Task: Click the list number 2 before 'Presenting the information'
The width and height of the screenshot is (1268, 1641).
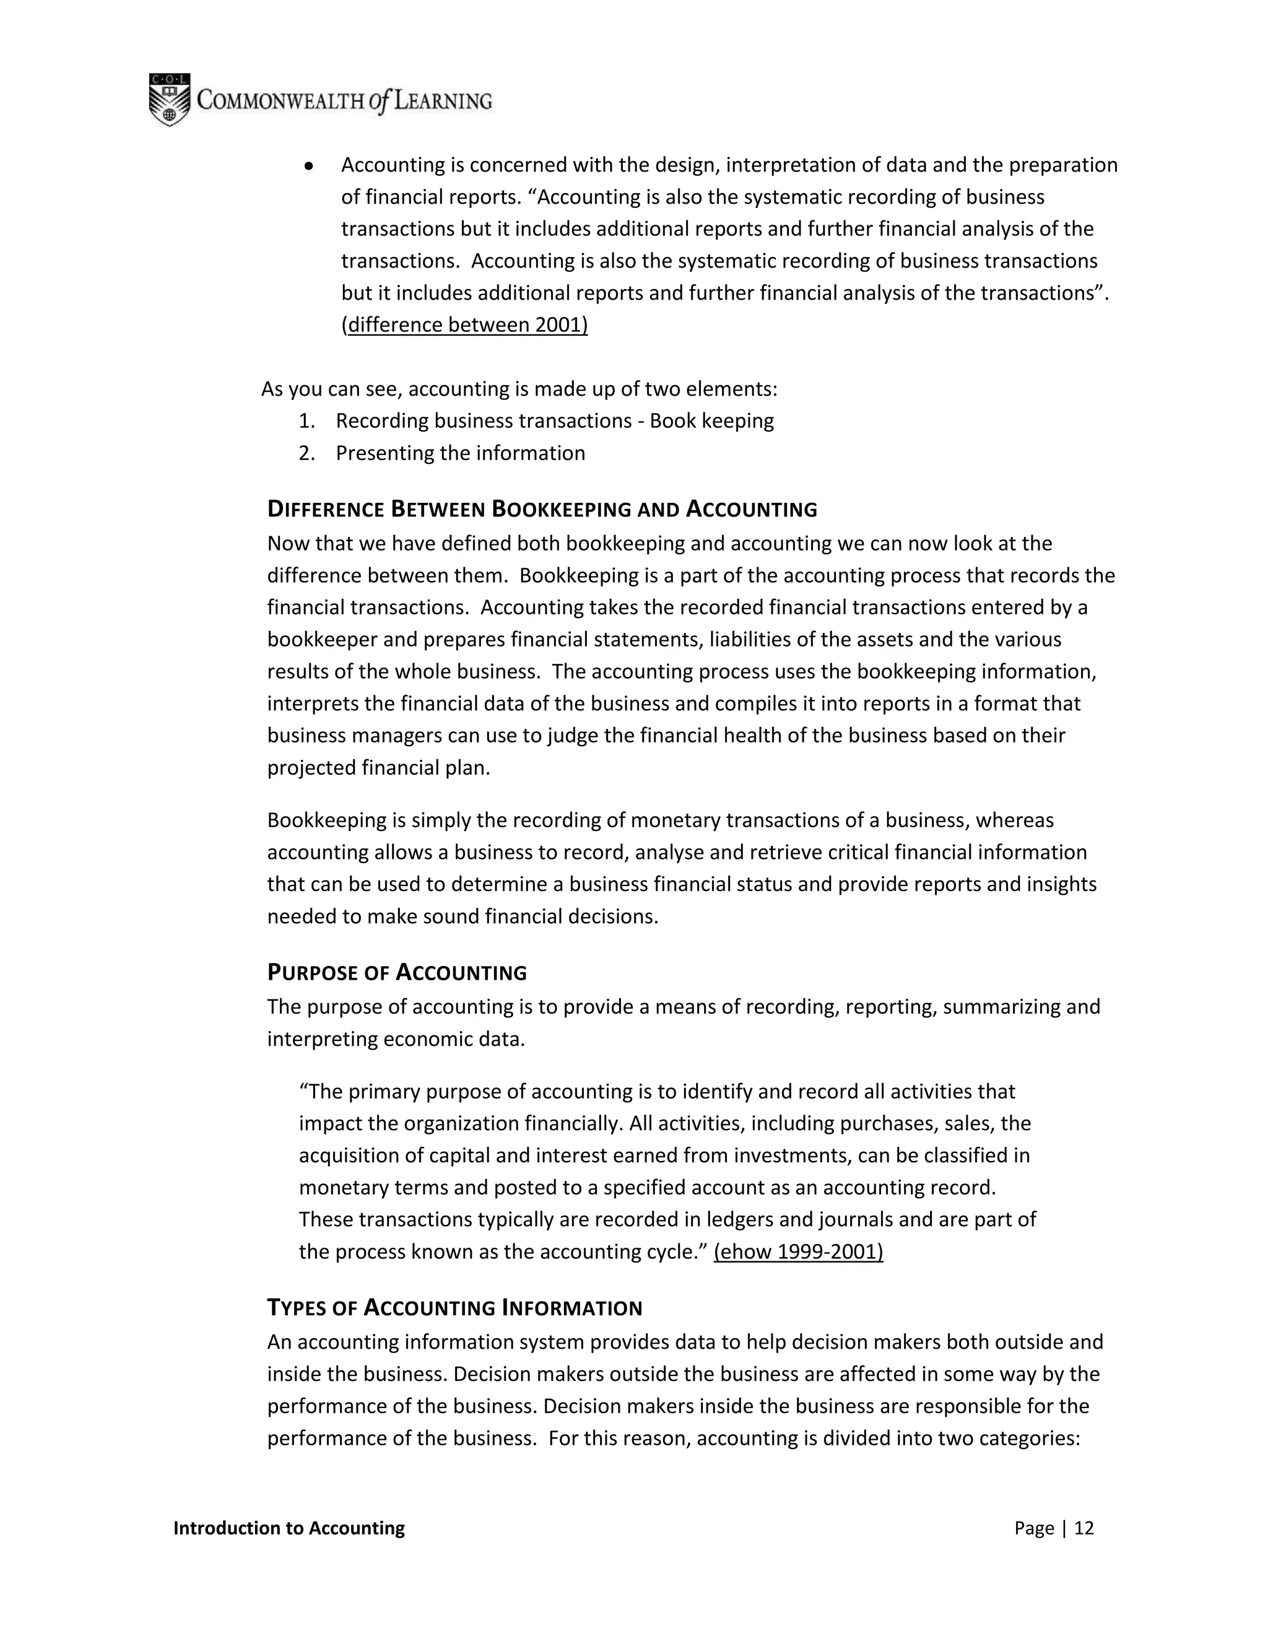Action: pyautogui.click(x=306, y=454)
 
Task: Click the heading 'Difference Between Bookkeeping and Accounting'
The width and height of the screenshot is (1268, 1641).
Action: pyautogui.click(x=542, y=510)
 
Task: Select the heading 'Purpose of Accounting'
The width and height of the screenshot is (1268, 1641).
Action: pyautogui.click(x=397, y=973)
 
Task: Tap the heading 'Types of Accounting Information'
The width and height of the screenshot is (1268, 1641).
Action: pyautogui.click(x=454, y=1308)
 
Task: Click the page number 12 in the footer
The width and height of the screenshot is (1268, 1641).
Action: pyautogui.click(x=1084, y=1528)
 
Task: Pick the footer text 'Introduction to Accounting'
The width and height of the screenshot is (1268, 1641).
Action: pyautogui.click(x=289, y=1528)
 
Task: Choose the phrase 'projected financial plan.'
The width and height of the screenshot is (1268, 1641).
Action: pyautogui.click(x=378, y=768)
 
